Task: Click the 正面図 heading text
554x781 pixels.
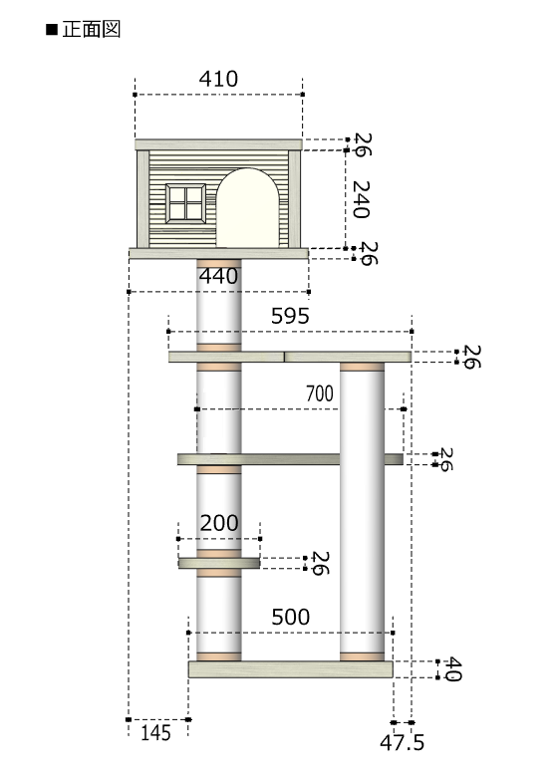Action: tap(92, 30)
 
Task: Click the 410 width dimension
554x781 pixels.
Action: tap(218, 79)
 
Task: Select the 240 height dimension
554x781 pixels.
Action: tap(361, 199)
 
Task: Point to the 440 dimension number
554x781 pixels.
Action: tap(218, 276)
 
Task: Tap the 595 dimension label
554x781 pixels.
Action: tap(290, 316)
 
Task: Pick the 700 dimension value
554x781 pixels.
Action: tap(319, 393)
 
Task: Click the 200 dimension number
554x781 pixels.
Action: tap(219, 523)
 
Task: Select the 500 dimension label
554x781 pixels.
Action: tap(291, 617)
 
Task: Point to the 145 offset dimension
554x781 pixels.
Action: tap(155, 733)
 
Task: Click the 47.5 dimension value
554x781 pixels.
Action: tap(403, 743)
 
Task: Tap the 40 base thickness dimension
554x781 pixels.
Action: tap(453, 669)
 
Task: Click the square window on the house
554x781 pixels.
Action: tap(185, 203)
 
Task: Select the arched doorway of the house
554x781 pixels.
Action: tap(247, 207)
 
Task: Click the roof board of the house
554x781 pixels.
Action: tap(218, 145)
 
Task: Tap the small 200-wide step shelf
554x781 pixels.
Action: tap(219, 563)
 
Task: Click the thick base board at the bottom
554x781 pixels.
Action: tap(291, 669)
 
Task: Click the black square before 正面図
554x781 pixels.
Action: tap(52, 30)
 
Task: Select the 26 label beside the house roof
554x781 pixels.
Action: tap(363, 144)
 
